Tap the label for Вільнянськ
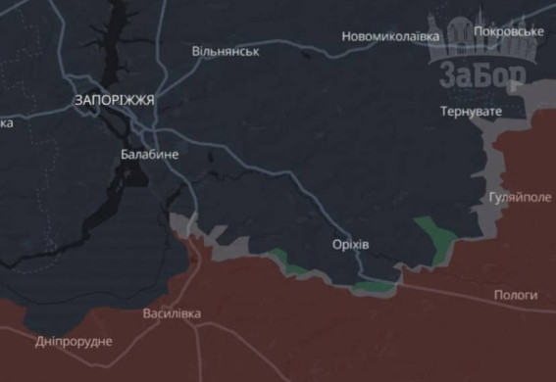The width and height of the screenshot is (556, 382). point(226,50)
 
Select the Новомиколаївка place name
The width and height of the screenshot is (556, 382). point(391,36)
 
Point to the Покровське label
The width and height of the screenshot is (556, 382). point(508,31)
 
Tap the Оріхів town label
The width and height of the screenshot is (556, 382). point(350,243)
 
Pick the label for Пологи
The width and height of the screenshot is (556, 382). point(516,295)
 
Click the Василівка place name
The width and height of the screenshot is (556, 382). point(172,313)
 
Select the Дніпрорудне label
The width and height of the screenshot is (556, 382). point(74,341)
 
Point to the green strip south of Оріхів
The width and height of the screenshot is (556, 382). point(373,286)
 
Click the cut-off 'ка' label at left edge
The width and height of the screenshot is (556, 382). point(6,122)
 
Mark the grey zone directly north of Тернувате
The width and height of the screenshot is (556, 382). point(510,96)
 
